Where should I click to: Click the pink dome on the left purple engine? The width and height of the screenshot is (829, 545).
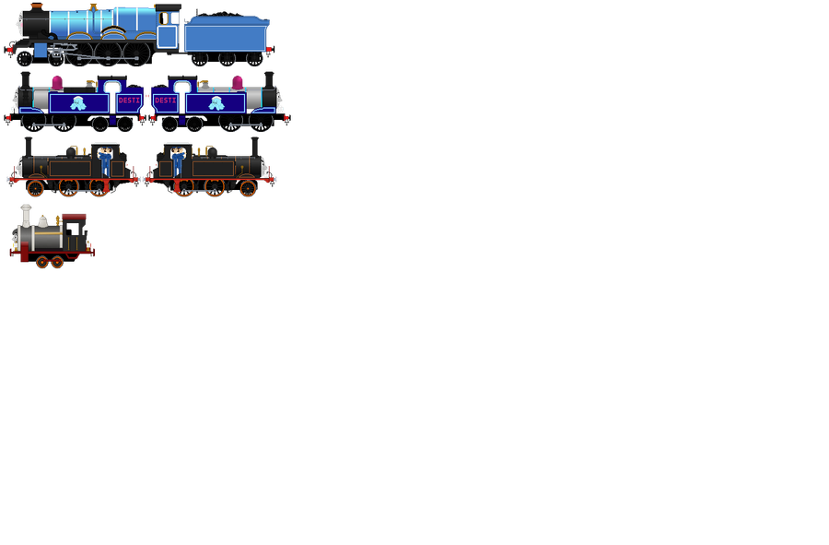(x=58, y=84)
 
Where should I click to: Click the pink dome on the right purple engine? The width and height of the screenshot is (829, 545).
(x=237, y=84)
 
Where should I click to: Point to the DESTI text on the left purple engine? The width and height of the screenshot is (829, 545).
(x=129, y=101)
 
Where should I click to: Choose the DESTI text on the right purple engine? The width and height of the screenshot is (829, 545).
(x=166, y=101)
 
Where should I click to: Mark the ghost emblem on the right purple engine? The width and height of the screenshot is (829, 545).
(x=216, y=102)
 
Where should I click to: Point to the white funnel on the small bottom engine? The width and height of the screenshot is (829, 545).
(x=27, y=215)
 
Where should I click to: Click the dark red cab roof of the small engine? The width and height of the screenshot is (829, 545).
(x=75, y=217)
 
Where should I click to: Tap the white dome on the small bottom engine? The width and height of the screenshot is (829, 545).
(x=42, y=221)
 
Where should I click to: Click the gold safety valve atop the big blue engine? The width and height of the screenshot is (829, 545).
(x=95, y=7)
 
